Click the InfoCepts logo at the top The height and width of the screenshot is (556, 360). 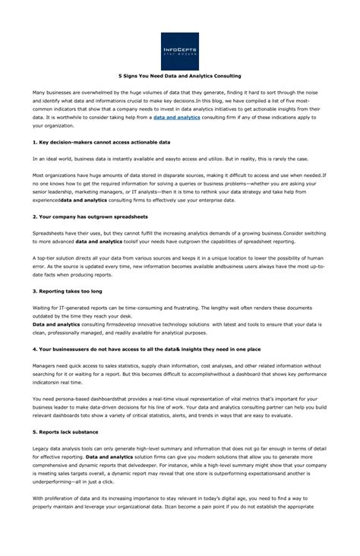click(180, 51)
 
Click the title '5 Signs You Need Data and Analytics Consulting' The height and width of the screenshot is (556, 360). click(180, 76)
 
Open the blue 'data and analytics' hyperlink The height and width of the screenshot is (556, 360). click(176, 118)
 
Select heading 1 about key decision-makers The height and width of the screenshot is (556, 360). click(101, 142)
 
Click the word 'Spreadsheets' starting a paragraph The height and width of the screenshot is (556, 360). click(49, 233)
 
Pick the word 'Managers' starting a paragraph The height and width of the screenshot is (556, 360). click(44, 365)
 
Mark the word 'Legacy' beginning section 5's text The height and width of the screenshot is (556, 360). click(41, 448)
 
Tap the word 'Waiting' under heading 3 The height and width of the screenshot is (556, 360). click(43, 308)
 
